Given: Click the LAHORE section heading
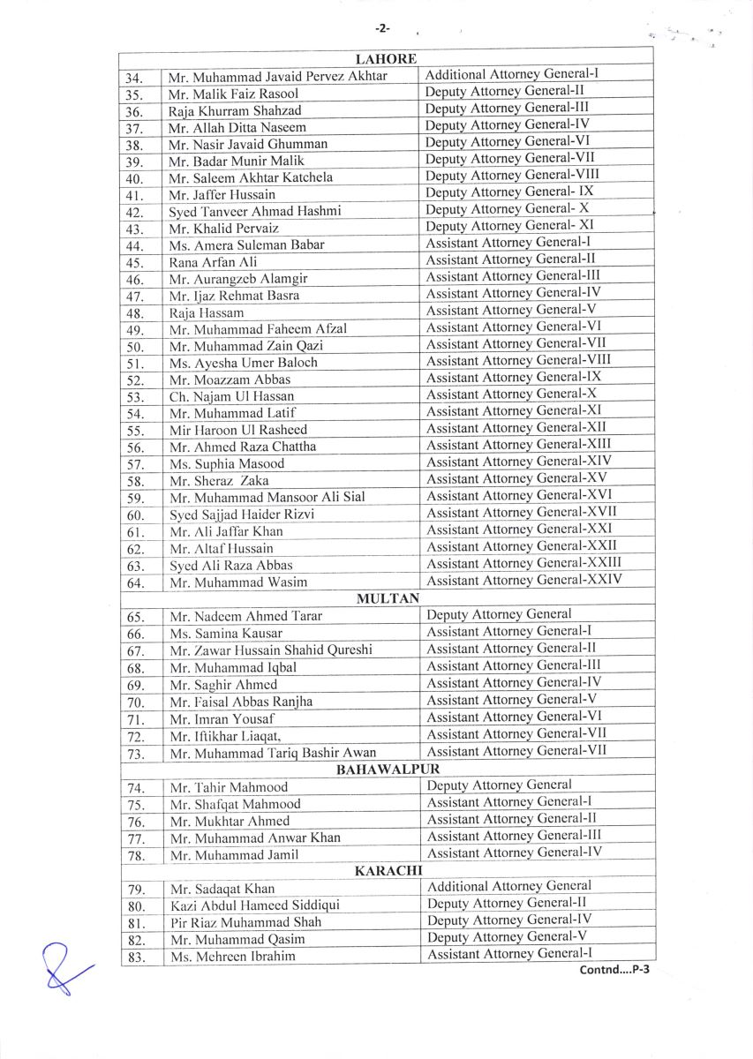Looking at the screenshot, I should pos(386,59).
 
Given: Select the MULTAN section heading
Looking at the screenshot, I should pos(388,598).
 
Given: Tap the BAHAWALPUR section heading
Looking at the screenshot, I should pos(388,770).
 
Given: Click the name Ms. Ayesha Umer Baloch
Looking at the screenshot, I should pos(244,363).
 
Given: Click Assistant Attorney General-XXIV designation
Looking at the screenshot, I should pos(524,580).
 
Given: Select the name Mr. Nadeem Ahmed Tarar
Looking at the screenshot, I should pos(246,616).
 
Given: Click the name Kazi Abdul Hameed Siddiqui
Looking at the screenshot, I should pos(254,905).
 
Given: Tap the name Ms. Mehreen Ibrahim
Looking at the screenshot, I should pos(233,956).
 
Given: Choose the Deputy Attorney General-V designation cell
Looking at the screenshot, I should pos(508,936).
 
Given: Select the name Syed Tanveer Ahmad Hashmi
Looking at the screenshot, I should pos(255,212).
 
